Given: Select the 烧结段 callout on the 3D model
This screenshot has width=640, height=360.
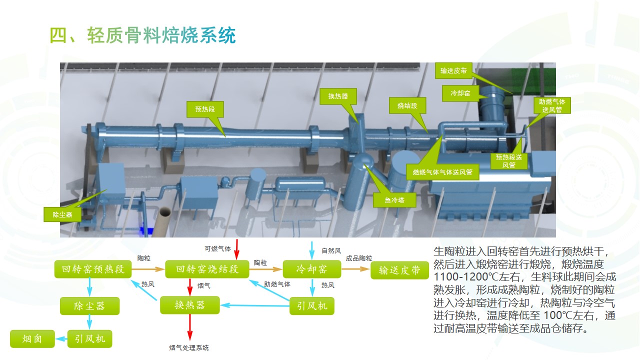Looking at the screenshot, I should tap(404, 106).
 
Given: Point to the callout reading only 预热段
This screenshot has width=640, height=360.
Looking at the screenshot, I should tap(205, 108).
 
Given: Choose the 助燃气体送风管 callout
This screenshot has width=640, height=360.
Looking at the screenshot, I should tap(551, 105).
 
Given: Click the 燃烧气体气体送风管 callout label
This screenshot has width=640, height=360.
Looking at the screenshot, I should tap(442, 172).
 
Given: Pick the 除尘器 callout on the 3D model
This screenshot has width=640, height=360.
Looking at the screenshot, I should tap(62, 214).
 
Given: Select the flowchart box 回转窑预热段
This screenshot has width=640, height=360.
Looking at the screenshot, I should tap(93, 269).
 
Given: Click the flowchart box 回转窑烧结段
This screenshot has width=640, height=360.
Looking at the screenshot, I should tap(206, 269).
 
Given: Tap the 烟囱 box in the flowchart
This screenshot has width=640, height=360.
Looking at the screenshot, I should tap(32, 339).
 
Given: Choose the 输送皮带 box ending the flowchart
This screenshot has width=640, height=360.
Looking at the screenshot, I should tap(399, 270).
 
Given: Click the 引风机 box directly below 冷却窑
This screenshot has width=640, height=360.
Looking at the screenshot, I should tap(312, 305).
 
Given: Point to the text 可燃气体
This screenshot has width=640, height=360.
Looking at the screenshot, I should tap(217, 248).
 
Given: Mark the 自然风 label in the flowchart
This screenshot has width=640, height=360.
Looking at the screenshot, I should tap(331, 250).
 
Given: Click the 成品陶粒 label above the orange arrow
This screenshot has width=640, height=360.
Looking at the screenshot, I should tap(358, 258).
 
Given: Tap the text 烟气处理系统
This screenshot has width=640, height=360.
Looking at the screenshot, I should tap(189, 347).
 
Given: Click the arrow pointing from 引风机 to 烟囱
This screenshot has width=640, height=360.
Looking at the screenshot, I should tap(61, 339).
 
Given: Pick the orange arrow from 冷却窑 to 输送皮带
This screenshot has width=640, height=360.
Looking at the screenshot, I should tap(356, 269).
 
